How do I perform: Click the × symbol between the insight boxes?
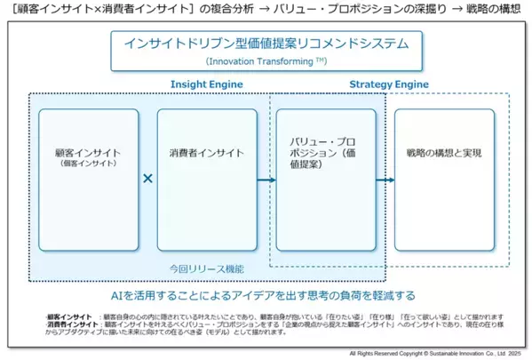(147, 178)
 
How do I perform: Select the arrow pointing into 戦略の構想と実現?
(384, 179)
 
